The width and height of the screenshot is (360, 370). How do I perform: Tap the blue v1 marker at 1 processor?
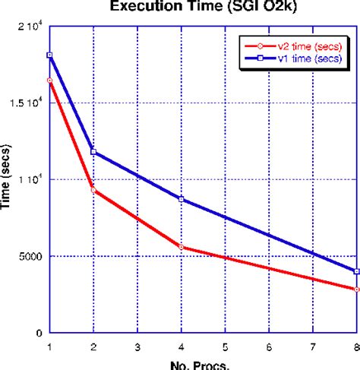tap(49, 55)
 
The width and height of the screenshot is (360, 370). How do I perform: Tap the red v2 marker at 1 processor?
tap(49, 80)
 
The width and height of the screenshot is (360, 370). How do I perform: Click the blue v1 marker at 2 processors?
tap(93, 152)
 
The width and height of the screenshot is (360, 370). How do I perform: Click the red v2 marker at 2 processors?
tap(93, 190)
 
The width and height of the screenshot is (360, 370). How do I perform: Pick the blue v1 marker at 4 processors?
tap(181, 199)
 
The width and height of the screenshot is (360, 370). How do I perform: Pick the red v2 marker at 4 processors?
tap(181, 247)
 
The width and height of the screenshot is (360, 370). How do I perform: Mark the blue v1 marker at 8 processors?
tap(356, 271)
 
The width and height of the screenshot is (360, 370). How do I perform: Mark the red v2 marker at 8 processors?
tap(356, 289)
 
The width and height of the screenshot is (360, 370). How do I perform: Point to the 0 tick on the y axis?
tap(39, 333)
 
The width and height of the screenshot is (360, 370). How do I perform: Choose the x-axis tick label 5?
tap(225, 346)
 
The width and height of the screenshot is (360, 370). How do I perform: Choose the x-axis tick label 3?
tap(137, 346)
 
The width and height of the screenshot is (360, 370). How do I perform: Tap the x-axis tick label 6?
tap(268, 346)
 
